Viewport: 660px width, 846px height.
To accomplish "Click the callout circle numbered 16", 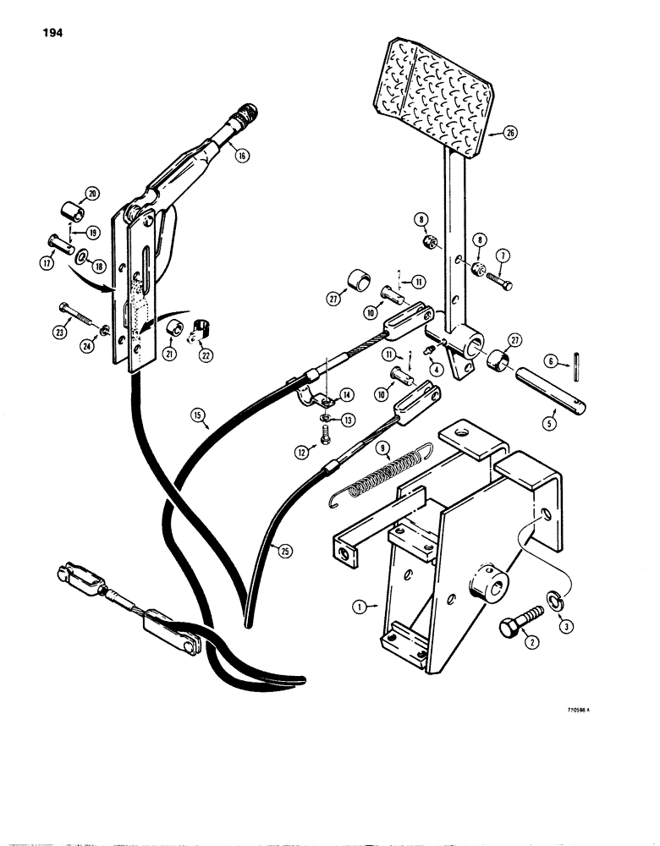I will tap(242, 155).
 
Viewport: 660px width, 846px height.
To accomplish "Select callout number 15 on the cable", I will tap(198, 416).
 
